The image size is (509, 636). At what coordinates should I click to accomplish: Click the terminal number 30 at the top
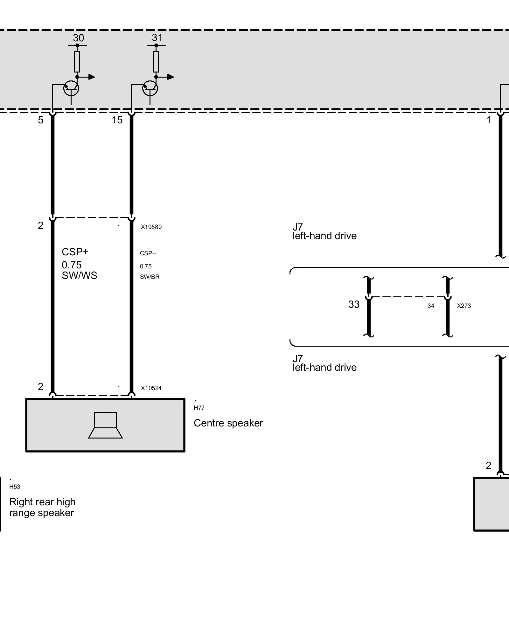[x=78, y=38]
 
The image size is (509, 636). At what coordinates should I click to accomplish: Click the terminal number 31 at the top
[x=157, y=38]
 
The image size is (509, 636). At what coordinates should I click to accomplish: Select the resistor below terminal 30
[x=77, y=62]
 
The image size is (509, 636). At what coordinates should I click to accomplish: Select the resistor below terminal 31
[x=156, y=62]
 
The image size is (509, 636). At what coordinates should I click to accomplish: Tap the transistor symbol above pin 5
[x=71, y=88]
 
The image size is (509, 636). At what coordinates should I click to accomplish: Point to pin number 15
[x=117, y=120]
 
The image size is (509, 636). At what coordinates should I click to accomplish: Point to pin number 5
[x=41, y=120]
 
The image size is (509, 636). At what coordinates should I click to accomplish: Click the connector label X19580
[x=151, y=227]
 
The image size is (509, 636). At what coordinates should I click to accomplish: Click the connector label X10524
[x=151, y=388]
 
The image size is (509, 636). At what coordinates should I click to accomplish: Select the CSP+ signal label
[x=75, y=252]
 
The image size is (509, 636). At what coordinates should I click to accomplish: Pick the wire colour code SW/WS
[x=80, y=275]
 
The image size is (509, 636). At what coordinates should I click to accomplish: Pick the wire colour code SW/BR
[x=150, y=277]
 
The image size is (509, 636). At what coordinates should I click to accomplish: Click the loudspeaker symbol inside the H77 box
[x=105, y=425]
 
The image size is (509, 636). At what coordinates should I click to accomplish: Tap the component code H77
[x=199, y=408]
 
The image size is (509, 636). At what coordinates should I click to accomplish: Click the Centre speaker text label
[x=228, y=423]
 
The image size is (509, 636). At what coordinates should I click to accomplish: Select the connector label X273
[x=464, y=306]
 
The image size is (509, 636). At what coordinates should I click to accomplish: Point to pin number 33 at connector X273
[x=354, y=305]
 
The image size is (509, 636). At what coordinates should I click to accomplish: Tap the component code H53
[x=15, y=487]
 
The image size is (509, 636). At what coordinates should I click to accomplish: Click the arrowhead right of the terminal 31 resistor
[x=171, y=77]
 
